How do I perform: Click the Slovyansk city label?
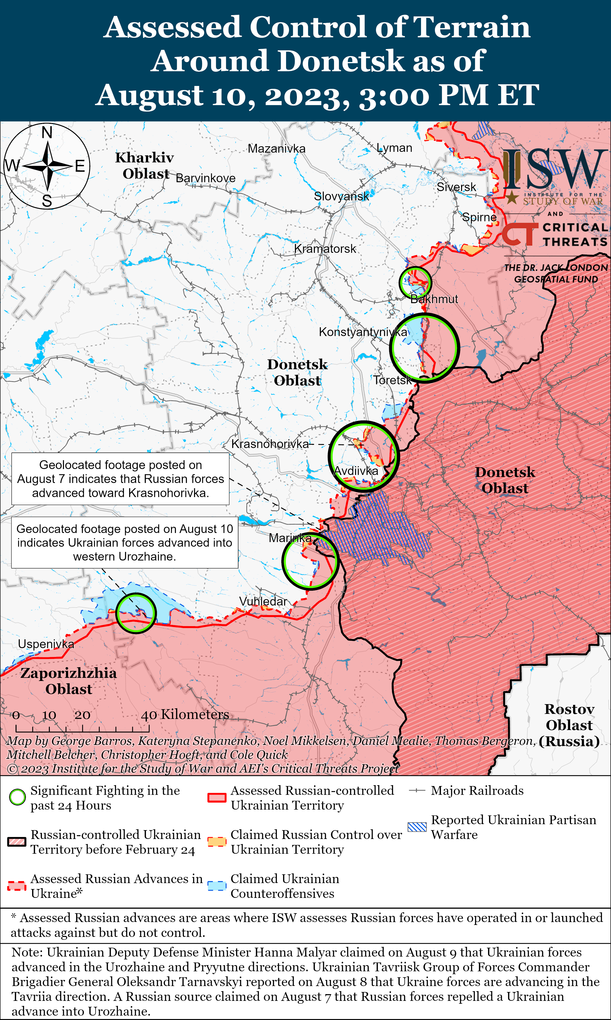341,196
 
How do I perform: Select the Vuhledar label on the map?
263,601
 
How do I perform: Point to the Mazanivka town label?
276,148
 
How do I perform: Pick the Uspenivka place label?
46,644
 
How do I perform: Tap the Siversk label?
456,187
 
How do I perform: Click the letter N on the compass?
47,132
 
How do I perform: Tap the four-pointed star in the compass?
47,166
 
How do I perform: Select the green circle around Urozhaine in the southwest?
135,613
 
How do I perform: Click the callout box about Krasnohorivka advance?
120,479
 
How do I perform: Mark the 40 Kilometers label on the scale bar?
185,714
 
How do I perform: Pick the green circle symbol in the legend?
17,797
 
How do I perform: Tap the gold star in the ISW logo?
512,198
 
